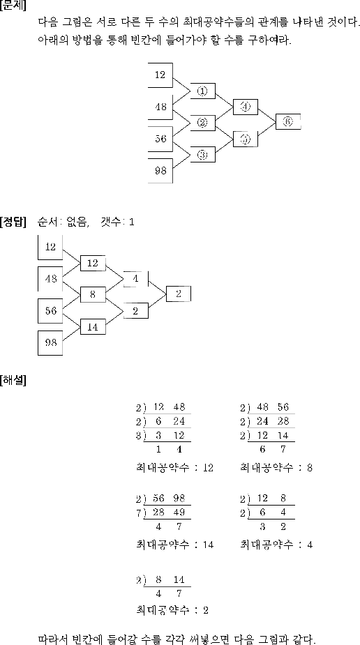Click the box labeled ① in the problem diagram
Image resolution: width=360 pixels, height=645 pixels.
pos(202,91)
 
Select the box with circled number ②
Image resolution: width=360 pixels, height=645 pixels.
pos(202,123)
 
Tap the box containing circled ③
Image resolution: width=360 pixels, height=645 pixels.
pos(202,155)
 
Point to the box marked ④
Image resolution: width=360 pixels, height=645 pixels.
pos(246,107)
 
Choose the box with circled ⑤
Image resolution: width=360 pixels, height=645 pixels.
pos(246,139)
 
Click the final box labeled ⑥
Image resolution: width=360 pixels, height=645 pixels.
pos(288,121)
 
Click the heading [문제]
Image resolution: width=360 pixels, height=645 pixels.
pos(13,6)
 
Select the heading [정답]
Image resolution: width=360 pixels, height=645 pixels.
pos(13,222)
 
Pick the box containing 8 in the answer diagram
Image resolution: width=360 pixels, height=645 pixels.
pos(93,294)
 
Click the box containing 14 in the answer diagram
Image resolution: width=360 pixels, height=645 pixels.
pos(93,326)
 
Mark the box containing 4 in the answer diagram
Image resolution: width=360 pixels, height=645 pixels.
pos(136,279)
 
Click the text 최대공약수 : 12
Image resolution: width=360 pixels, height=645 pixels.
pos(174,468)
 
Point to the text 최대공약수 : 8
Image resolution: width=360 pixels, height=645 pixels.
pos(276,468)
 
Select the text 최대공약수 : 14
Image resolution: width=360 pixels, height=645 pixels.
pos(174,545)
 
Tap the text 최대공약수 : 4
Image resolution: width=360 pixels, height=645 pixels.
pos(276,545)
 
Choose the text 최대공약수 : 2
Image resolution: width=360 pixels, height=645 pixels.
pos(172,610)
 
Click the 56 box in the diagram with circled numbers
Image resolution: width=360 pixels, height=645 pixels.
pos(160,139)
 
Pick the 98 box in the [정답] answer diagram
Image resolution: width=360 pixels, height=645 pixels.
pos(50,342)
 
